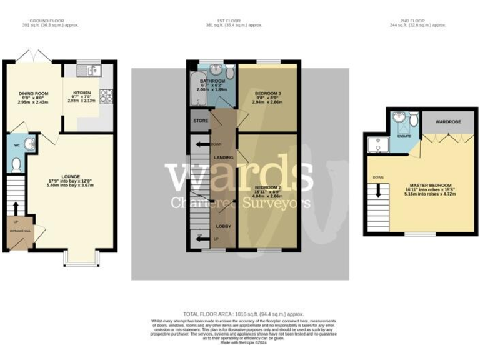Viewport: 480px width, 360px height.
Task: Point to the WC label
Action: (17, 147)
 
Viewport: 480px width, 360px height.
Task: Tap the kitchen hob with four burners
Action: (105, 96)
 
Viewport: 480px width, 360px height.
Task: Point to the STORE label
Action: (200, 120)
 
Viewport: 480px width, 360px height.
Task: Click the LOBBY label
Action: (223, 225)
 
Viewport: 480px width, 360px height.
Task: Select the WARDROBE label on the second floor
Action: (448, 121)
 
